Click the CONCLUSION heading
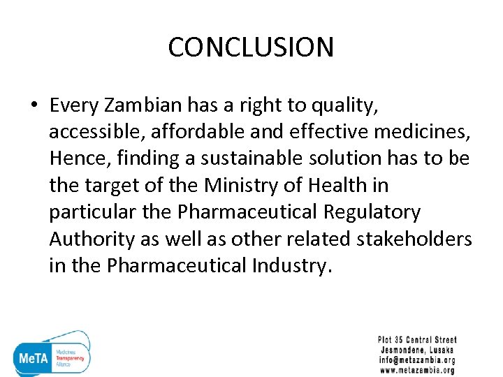251,47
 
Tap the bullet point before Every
33,106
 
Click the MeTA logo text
32,357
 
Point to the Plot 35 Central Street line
417,340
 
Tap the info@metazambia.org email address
417,360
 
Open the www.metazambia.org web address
417,370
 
